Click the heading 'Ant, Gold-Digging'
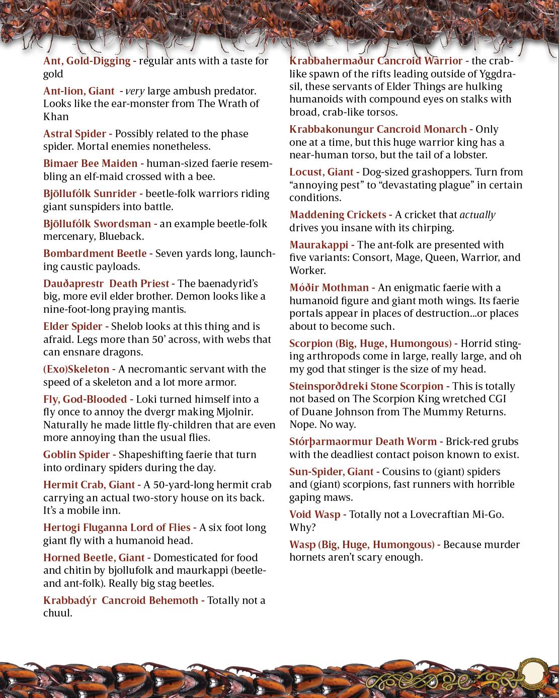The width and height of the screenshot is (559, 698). pos(87,61)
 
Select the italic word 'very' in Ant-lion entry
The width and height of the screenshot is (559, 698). pos(135,91)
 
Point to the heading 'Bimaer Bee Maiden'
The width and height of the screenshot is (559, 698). pos(90,163)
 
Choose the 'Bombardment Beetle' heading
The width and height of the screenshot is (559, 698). pos(95,253)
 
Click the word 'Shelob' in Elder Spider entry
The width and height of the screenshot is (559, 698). pos(128,326)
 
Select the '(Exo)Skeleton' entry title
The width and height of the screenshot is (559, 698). pos(75,369)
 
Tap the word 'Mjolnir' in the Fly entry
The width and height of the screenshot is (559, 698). pos(236,412)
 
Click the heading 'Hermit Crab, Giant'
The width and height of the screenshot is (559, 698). pos(89,485)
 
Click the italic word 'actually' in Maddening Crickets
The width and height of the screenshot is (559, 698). pos(477,215)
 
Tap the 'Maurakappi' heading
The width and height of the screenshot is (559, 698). pos(318,245)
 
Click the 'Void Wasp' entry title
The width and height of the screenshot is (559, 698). pos(314,514)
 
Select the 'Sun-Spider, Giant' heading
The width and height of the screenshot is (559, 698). pos(331,472)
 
